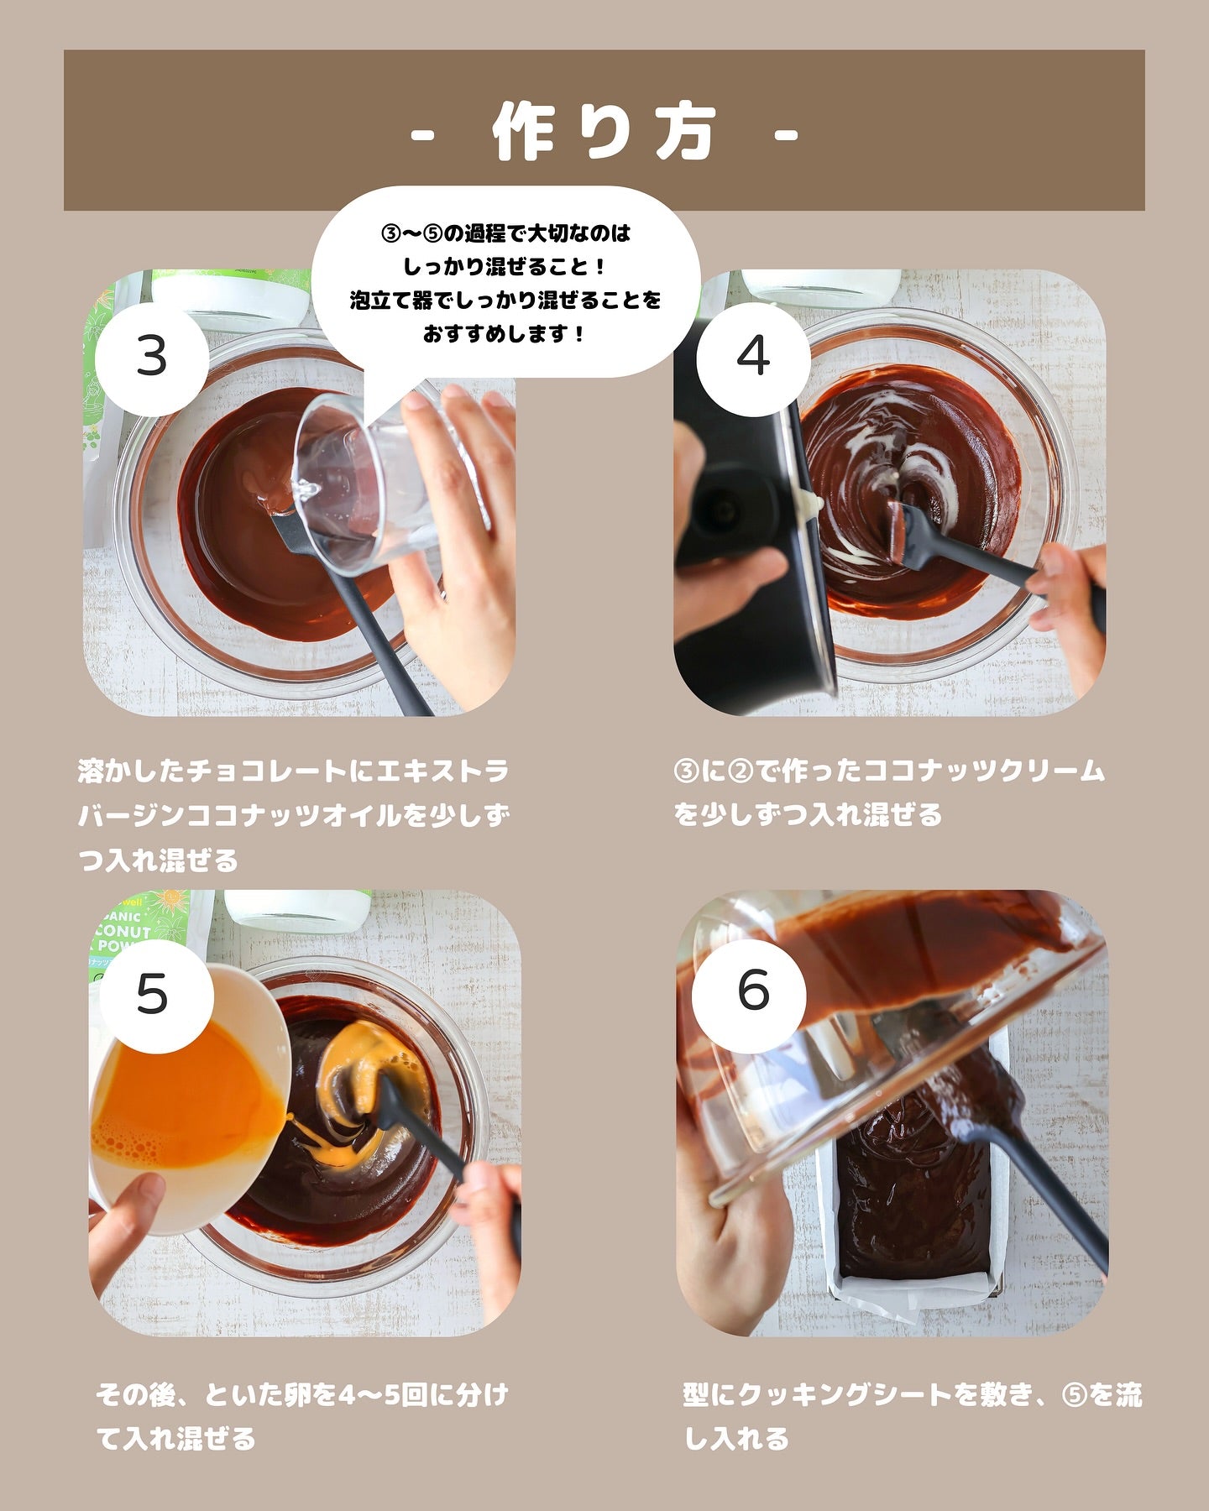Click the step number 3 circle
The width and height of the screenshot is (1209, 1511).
click(152, 358)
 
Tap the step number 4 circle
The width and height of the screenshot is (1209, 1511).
click(753, 358)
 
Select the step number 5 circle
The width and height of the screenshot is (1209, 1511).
click(152, 996)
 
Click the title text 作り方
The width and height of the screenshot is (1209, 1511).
click(604, 133)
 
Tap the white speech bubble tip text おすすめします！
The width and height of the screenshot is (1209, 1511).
click(504, 334)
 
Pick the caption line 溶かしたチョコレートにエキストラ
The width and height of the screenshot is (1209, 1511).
click(293, 771)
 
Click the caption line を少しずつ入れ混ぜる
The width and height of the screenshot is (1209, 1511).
click(808, 815)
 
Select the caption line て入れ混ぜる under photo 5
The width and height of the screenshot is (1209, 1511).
click(175, 1440)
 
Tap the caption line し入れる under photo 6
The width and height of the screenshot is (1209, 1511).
click(736, 1440)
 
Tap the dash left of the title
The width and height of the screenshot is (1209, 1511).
click(424, 134)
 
